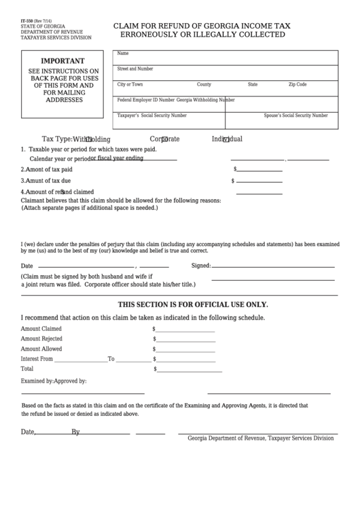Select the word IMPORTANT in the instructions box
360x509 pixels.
tap(64, 60)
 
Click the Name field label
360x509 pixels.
tap(123, 53)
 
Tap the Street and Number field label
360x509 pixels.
tap(135, 69)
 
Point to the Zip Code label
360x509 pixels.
tap(298, 84)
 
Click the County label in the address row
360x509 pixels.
tap(204, 84)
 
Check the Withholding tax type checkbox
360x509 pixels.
tap(88, 139)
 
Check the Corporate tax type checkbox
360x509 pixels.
tap(164, 139)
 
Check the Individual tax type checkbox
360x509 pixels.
tap(226, 139)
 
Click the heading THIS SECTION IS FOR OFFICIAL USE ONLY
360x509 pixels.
tap(193, 304)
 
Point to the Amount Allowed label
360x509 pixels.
tap(41, 349)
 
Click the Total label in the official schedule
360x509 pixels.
tap(27, 368)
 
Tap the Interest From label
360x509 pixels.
tap(37, 358)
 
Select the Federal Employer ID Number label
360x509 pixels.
tap(146, 100)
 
